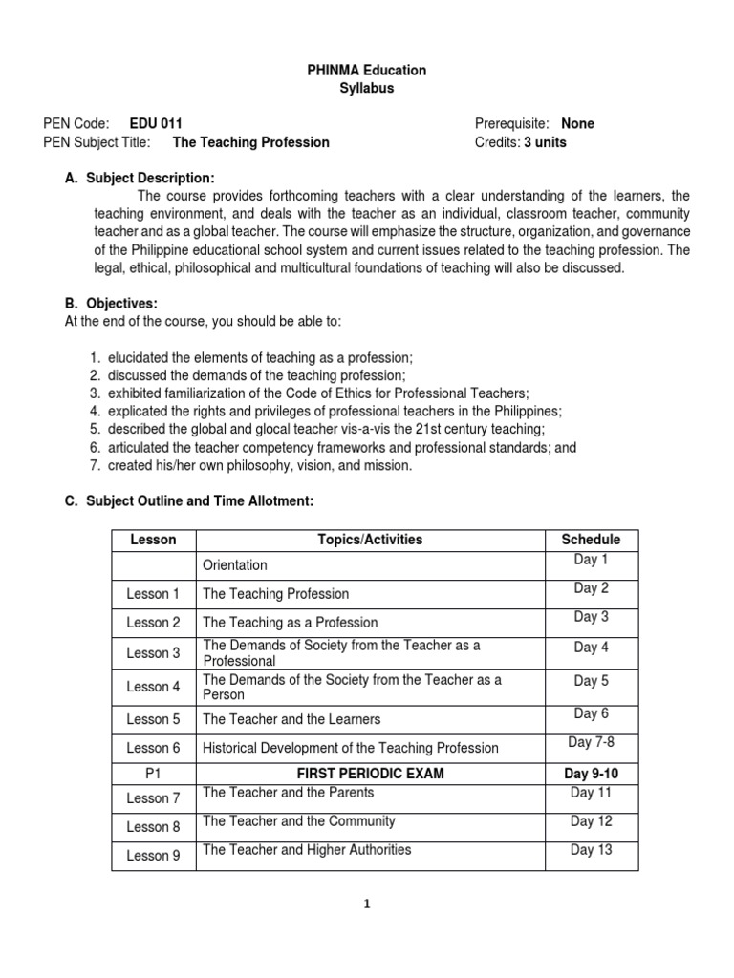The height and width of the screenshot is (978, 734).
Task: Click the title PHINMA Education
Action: pos(367,71)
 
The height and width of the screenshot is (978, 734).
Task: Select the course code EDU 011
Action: pos(150,124)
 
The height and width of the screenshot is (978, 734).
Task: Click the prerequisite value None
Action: pos(577,124)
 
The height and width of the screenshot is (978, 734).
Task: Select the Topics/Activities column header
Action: pos(370,540)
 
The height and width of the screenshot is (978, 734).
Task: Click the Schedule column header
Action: pos(591,540)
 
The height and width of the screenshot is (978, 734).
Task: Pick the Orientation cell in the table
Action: pos(235,565)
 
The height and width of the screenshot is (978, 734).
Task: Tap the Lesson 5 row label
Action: pos(153,719)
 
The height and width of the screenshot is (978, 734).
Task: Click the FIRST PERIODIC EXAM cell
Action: pos(370,774)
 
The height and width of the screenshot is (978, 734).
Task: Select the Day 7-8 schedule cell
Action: pos(591,742)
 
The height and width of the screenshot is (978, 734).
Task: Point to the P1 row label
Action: pos(153,774)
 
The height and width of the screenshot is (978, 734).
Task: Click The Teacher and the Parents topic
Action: pos(289,793)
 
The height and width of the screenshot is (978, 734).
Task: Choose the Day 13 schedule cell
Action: pos(591,850)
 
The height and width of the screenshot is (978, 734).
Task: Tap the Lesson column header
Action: pos(153,540)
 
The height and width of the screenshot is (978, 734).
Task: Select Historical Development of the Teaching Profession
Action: pos(351,748)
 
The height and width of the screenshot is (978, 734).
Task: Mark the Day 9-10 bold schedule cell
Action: pos(591,774)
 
